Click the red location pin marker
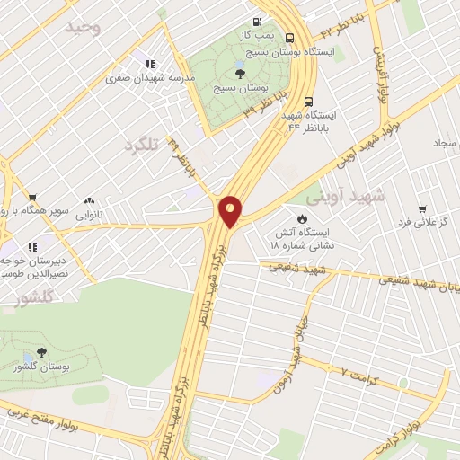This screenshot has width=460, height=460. pos(230,211)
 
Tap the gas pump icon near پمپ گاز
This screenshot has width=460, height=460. pos(259,22)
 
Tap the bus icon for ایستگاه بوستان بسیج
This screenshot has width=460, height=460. pos(290,38)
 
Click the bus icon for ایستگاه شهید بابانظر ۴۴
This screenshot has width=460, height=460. pos(309,102)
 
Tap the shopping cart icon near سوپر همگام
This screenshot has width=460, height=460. pos(32,198)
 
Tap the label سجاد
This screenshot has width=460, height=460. pos(446,143)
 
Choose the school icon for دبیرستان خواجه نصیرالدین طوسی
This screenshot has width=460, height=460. pos(32,245)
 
